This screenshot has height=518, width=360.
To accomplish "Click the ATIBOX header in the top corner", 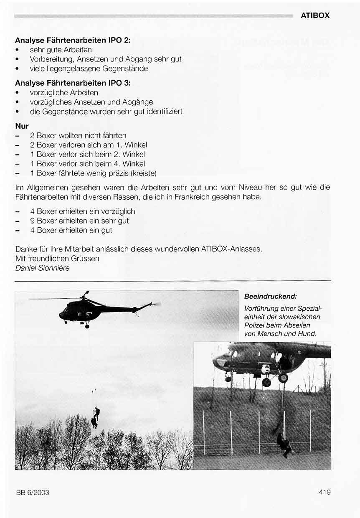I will tap(315, 15).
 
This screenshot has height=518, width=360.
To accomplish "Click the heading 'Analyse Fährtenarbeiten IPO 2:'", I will tap(73, 41).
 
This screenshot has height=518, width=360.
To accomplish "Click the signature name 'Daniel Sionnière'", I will tap(42, 268).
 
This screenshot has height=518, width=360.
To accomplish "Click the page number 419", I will tap(324, 492).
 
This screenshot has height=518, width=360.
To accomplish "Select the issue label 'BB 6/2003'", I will tap(33, 493).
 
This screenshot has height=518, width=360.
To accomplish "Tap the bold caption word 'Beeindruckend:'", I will tap(270, 296).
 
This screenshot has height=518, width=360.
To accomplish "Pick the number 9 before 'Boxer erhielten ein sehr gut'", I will tap(32, 221).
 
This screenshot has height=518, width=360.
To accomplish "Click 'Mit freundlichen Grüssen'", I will tap(57, 259).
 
